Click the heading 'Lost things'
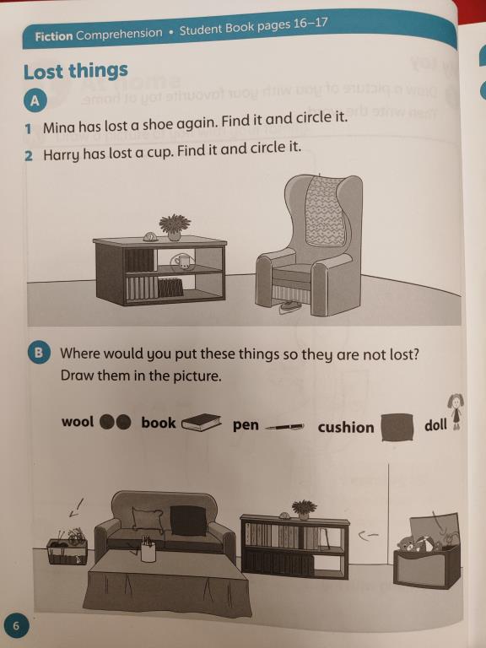[76, 71]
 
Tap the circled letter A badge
[35, 100]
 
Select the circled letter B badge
[40, 353]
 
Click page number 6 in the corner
[16, 626]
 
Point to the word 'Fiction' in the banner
[54, 36]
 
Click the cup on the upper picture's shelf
[183, 262]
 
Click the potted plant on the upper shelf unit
[175, 227]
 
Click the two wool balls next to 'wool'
[116, 422]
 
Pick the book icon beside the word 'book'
[202, 423]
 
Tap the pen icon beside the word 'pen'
[283, 426]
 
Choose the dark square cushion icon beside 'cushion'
[397, 427]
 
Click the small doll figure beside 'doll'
[456, 412]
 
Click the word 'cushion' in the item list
[345, 427]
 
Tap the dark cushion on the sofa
[188, 521]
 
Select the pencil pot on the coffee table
[148, 548]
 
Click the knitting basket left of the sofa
[67, 547]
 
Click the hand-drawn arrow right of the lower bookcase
[368, 536]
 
